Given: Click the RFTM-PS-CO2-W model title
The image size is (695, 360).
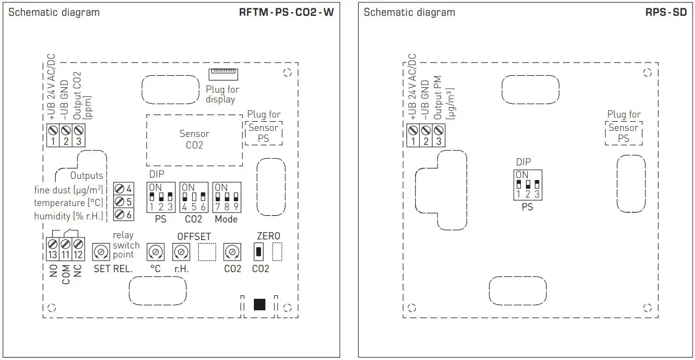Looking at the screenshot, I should pos(286,12).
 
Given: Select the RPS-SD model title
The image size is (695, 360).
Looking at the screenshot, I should pos(666,12).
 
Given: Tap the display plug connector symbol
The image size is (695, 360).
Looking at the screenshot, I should pos(223,75).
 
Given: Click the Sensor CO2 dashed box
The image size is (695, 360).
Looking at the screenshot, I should pos(194,139).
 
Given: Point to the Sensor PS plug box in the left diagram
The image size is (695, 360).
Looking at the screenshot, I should pos(264,133).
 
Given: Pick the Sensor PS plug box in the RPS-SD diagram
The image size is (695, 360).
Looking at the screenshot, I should pos(624,133).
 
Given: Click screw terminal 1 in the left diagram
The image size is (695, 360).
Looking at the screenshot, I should pos(53,130).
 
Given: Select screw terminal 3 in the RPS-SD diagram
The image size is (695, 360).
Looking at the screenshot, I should pos(439,130).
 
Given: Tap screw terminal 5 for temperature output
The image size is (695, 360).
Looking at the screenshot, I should pos(120,201).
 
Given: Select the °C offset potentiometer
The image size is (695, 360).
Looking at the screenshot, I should pos(156,252).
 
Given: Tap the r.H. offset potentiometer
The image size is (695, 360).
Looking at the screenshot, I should pos(181,252).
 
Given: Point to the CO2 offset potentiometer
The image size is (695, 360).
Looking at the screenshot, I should pos(231,252).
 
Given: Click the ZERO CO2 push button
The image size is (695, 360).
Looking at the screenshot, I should pos(259,251).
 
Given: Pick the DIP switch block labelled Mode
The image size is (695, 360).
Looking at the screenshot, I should pos(226,197).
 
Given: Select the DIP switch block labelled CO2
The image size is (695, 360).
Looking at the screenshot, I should pos(193,197).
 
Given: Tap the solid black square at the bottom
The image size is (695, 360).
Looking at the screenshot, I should pos(259,305).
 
